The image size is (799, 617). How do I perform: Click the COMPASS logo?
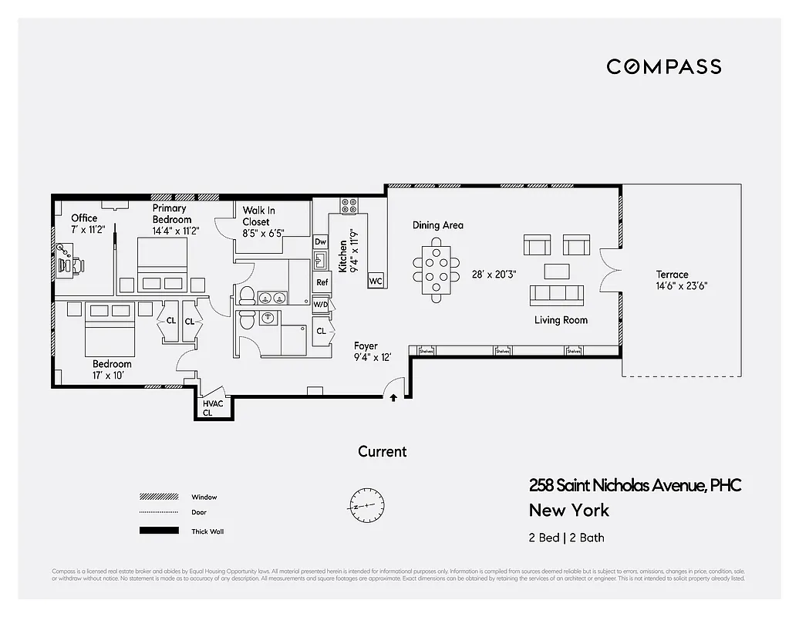coord(663,66)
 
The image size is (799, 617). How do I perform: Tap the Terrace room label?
coord(672,275)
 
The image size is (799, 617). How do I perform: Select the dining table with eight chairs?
coord(437,269)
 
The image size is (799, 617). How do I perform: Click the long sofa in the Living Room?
coord(556,295)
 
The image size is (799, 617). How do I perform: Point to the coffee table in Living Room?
coord(556,271)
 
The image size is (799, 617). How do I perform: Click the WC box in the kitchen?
coord(376,281)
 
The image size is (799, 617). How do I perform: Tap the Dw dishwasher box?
coord(321,241)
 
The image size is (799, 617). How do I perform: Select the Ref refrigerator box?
coord(322,282)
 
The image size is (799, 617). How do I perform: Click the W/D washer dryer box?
coord(320,305)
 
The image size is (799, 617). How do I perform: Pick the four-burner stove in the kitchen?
coord(349,206)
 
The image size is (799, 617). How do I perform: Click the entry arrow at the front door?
coord(393,398)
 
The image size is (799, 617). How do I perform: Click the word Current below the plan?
coord(382,451)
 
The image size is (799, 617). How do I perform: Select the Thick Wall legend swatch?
coord(158,531)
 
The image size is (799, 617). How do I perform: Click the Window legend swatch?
coord(158,497)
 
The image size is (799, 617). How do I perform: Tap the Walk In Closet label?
coord(259,216)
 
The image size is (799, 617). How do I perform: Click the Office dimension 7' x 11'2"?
coord(88,230)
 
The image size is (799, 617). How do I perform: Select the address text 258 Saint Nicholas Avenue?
coord(635,485)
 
